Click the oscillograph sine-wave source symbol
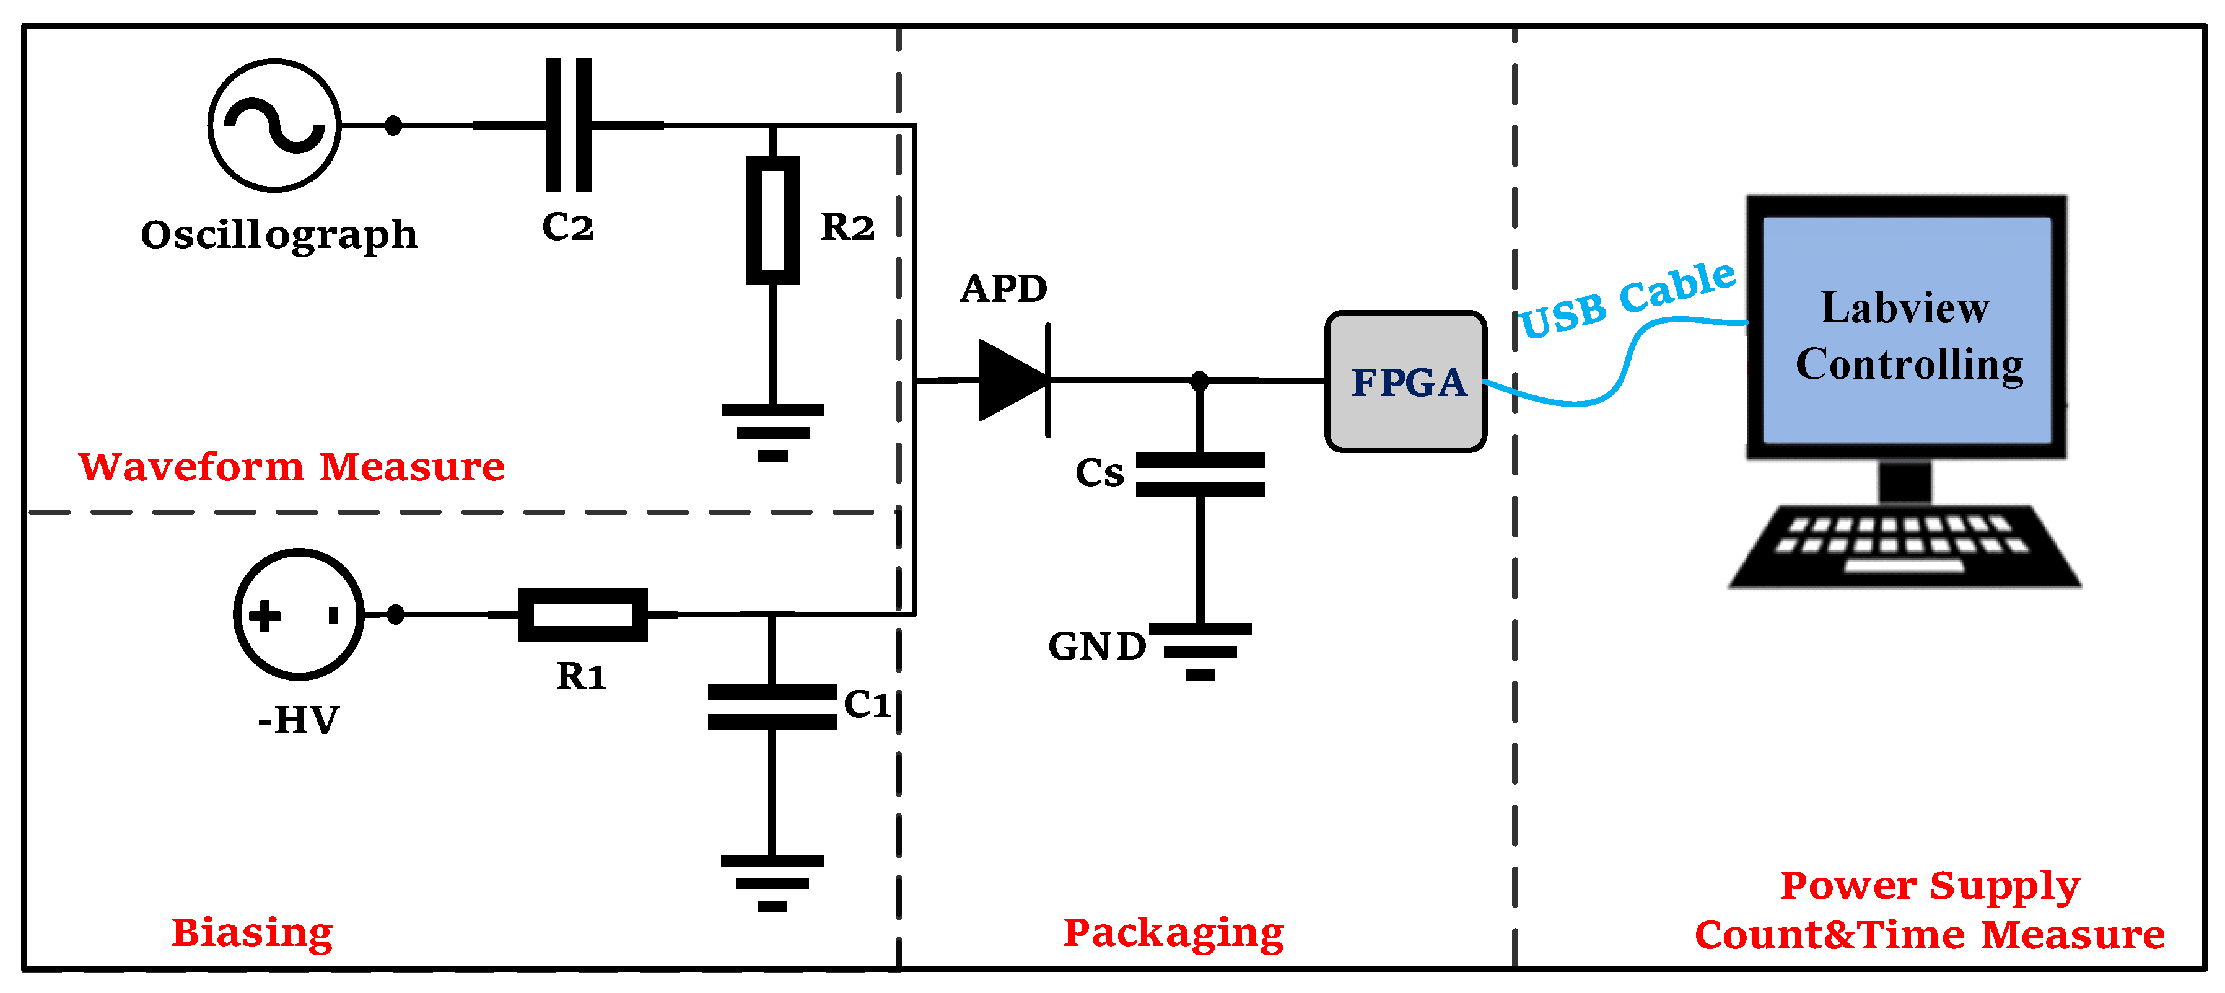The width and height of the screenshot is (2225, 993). [x=274, y=125]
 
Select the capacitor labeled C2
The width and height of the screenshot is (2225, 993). [x=569, y=125]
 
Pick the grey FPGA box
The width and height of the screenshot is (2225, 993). [x=1405, y=381]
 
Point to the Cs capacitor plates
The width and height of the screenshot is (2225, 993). [x=1200, y=474]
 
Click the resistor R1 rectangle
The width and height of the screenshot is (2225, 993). [x=582, y=614]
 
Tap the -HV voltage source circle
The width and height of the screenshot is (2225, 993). [x=299, y=614]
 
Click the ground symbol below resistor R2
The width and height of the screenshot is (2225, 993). [x=772, y=432]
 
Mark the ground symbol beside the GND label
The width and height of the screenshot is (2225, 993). [x=1200, y=651]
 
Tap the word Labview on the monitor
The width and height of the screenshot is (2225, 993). [x=1905, y=307]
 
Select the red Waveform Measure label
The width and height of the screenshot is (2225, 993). [x=291, y=467]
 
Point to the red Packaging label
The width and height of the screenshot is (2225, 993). [x=1173, y=932]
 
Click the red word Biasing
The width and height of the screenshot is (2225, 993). [x=252, y=932]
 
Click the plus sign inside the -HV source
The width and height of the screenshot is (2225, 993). [x=264, y=616]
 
